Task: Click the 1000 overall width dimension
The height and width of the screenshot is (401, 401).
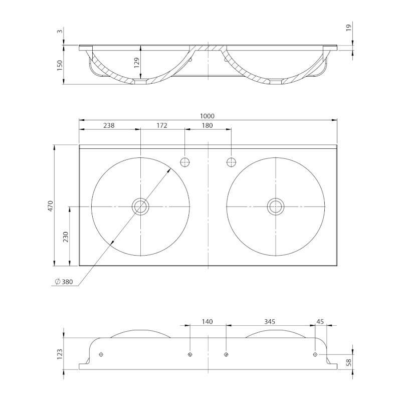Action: [x=209, y=116]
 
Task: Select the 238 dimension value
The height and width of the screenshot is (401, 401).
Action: [x=109, y=125]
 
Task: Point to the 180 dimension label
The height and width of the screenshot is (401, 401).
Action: [x=208, y=125]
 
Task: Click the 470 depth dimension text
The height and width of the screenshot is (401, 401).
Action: [x=50, y=206]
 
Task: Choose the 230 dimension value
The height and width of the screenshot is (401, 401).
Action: [x=65, y=236]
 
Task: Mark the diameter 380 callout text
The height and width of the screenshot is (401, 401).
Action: [x=64, y=282]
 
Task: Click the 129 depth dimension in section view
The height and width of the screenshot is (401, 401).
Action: [x=136, y=63]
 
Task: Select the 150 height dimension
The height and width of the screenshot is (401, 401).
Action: [x=60, y=65]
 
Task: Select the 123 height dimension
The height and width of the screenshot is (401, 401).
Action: [x=60, y=354]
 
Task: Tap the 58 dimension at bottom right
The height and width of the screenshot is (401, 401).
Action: [x=349, y=361]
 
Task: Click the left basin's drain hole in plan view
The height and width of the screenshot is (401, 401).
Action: [x=140, y=206]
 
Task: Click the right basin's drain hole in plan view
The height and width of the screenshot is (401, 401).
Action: [x=275, y=206]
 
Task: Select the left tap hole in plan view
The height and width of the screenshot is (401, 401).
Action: [x=185, y=162]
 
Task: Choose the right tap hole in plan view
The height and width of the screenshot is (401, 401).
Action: [x=231, y=162]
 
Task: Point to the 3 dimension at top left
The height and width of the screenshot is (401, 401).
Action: [x=60, y=31]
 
